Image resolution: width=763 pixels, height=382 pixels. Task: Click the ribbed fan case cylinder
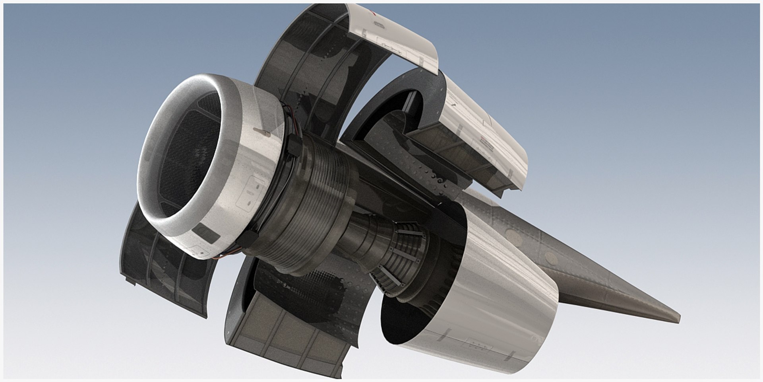tap(314, 199)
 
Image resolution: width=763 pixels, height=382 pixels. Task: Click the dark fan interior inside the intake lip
tap(187, 151)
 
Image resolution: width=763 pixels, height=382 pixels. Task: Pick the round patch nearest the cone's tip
tap(550, 258)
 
